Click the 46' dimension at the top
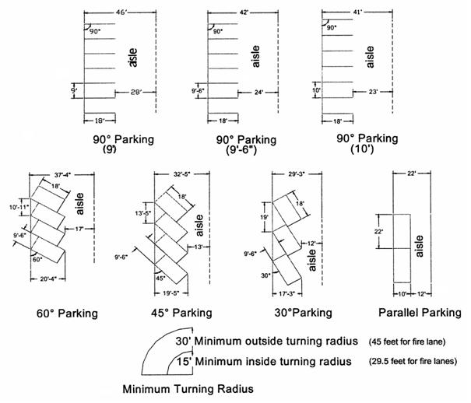[120, 12]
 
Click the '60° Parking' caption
[65, 314]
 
